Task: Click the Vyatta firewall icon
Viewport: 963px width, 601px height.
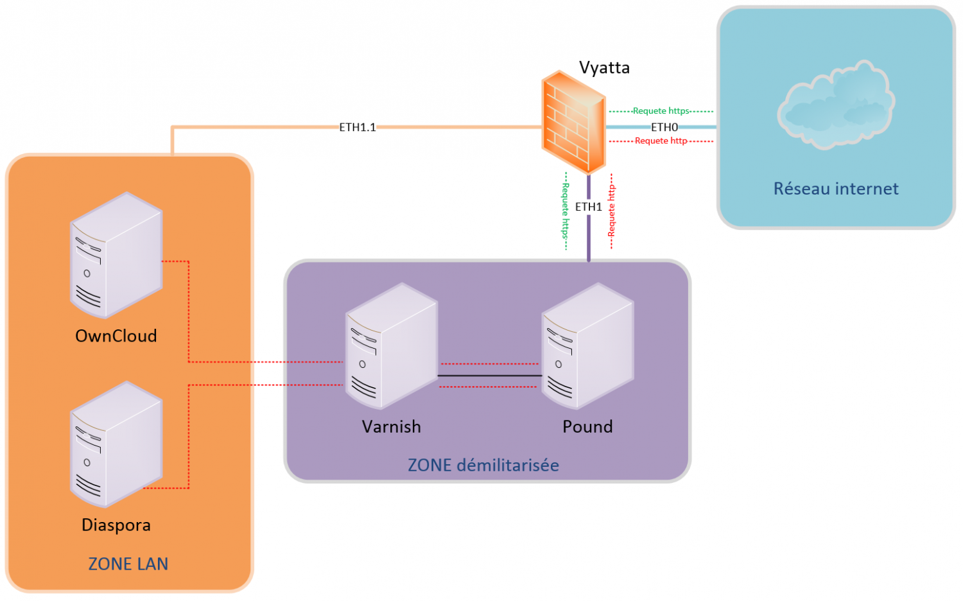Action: tap(573, 123)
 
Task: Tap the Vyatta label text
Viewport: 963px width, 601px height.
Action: tap(604, 67)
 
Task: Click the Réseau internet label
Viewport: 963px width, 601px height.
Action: tap(835, 189)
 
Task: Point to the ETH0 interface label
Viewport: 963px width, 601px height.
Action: tap(664, 127)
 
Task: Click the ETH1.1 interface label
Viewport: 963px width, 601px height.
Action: tap(358, 127)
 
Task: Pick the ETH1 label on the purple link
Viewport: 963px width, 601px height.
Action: tap(588, 207)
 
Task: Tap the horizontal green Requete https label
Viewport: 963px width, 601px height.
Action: tap(661, 111)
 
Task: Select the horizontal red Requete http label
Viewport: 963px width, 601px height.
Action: tap(661, 141)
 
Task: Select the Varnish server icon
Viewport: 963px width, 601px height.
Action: tap(391, 346)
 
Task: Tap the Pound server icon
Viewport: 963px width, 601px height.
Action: tap(587, 346)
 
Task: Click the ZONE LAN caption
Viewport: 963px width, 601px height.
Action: tap(128, 564)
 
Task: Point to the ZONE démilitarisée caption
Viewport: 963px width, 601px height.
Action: tap(483, 465)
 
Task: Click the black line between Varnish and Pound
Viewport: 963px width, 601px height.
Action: tap(489, 376)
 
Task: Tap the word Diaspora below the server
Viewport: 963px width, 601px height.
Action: tap(116, 525)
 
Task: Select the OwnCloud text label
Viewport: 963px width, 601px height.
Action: tap(116, 336)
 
